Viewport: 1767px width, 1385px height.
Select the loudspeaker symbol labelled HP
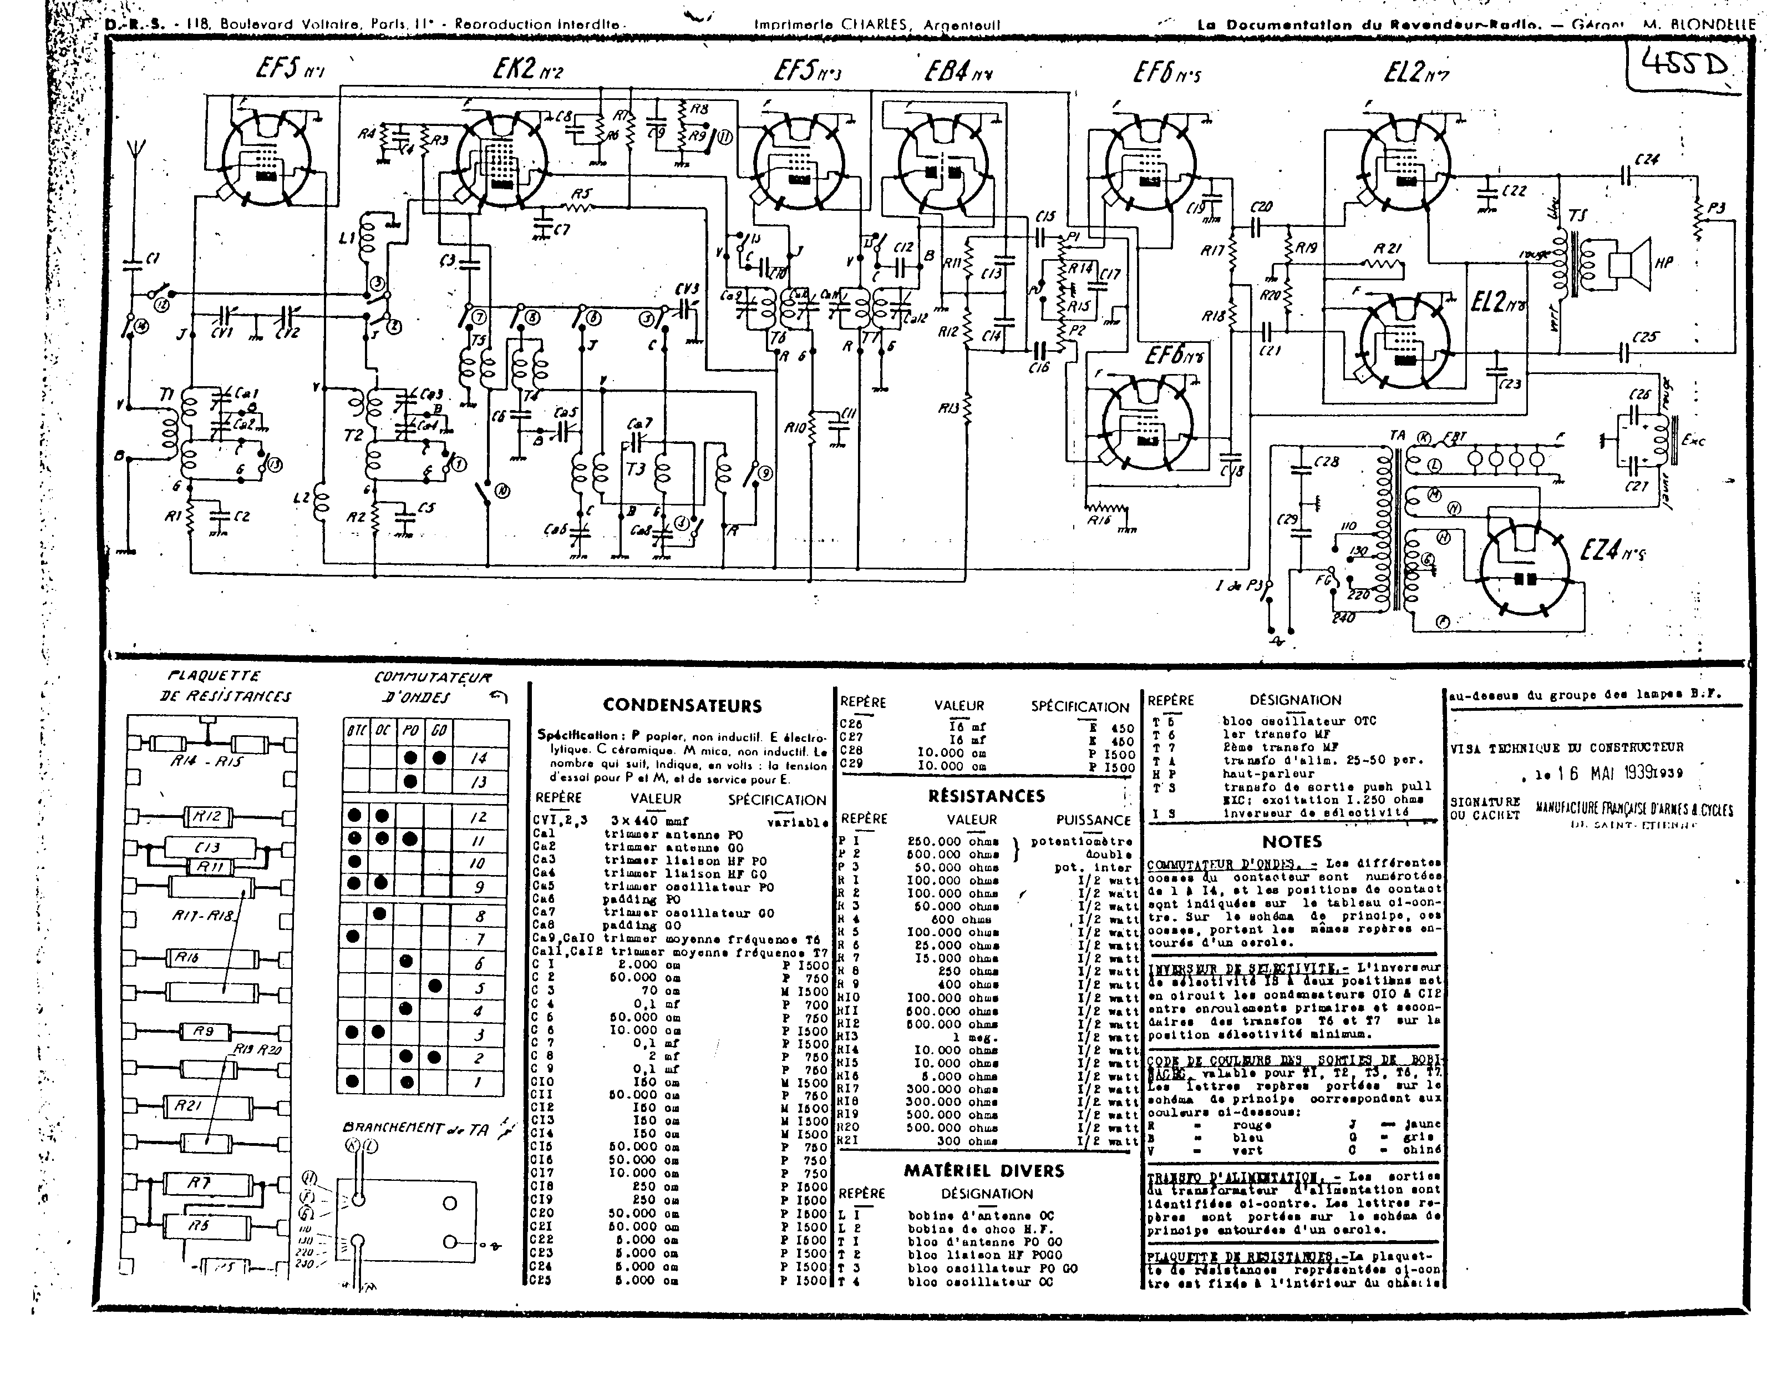pyautogui.click(x=1629, y=261)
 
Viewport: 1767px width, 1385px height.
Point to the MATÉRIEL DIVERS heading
pyautogui.click(x=984, y=1170)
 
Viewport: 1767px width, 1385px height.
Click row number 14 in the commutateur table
pyautogui.click(x=479, y=758)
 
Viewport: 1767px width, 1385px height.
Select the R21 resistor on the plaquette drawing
pyautogui.click(x=188, y=1104)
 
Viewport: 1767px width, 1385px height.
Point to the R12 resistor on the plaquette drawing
pyautogui.click(x=207, y=817)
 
